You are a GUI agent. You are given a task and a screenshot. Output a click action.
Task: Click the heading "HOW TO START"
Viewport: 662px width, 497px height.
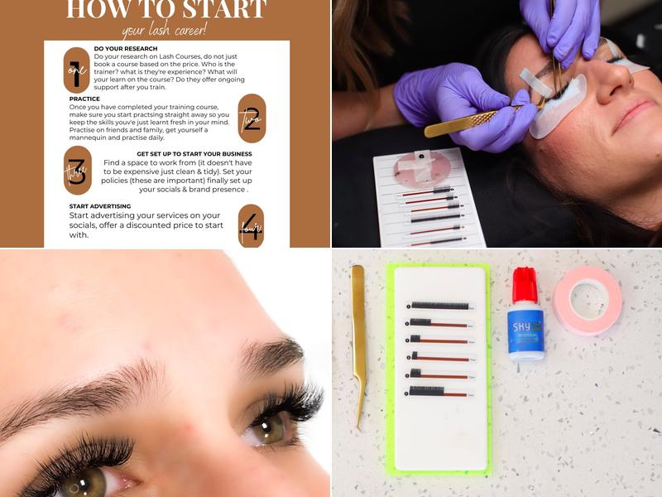click(x=165, y=9)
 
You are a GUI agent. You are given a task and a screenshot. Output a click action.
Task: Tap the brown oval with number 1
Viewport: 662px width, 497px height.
click(x=76, y=70)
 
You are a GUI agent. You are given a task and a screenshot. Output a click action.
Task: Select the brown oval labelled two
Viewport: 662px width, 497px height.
click(x=251, y=118)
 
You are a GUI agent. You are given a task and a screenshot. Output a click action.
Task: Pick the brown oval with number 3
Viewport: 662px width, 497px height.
click(x=77, y=170)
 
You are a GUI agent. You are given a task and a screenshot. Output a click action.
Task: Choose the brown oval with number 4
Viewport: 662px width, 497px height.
click(x=251, y=225)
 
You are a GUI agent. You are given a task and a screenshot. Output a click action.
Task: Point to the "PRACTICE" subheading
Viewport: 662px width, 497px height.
click(x=85, y=99)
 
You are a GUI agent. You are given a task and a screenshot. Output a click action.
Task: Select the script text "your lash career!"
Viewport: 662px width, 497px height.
click(x=165, y=32)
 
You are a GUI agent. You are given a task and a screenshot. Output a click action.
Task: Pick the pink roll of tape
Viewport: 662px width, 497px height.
click(x=587, y=300)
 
